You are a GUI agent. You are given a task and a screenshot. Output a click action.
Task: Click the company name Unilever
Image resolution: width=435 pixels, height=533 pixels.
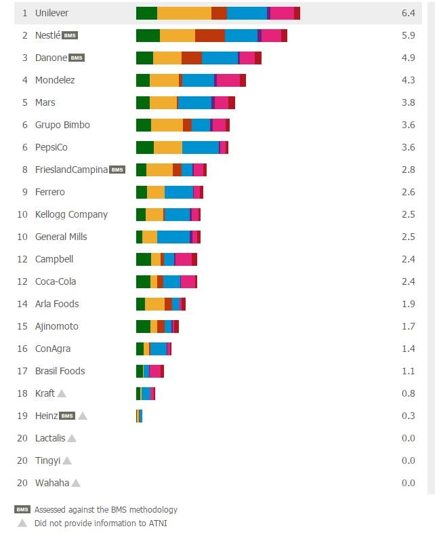coord(51,13)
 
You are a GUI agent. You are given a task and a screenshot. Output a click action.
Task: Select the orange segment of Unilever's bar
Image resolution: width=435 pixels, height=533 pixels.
coord(184,13)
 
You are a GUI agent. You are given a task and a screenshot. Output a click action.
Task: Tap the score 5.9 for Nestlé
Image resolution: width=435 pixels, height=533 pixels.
coord(408,35)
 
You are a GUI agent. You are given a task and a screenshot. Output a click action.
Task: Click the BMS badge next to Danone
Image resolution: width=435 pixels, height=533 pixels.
coord(77,58)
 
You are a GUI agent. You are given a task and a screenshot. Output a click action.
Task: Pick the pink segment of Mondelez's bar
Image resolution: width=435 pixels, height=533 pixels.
coord(228,80)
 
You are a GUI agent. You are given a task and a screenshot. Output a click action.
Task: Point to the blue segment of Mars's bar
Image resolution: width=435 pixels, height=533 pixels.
coord(194,102)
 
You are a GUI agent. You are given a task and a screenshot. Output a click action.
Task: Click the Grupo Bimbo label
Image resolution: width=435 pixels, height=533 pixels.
coord(62,125)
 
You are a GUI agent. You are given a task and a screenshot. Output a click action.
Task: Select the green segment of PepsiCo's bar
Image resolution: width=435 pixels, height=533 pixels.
coord(145,147)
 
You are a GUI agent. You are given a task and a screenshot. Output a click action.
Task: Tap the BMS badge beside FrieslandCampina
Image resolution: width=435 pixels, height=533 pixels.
coord(117,170)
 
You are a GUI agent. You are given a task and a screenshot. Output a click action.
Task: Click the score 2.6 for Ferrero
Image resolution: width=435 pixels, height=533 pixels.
coord(408,192)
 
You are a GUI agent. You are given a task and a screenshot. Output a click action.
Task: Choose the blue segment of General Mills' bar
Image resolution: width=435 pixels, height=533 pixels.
coord(173,237)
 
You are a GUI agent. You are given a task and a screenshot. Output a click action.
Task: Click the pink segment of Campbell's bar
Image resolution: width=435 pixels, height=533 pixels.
coord(184,259)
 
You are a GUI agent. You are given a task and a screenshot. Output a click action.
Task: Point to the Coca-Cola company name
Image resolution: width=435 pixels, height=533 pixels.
coord(56,281)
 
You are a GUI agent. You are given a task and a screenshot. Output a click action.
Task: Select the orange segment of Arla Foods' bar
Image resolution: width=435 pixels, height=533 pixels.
coord(154,304)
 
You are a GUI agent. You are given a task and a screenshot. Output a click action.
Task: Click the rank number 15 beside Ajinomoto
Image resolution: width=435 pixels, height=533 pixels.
coord(23,326)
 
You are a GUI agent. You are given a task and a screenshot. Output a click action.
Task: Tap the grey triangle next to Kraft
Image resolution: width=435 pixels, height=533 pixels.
coord(62,393)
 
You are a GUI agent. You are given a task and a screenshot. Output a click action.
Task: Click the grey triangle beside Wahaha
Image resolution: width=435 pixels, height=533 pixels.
coord(76,483)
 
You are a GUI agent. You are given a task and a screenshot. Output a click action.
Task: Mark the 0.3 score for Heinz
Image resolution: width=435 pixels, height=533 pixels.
coord(408,416)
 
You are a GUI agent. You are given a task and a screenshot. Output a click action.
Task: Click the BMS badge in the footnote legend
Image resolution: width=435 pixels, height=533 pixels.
coord(22,509)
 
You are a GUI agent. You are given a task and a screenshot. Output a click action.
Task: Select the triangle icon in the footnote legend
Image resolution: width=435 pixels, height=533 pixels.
coord(22,523)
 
